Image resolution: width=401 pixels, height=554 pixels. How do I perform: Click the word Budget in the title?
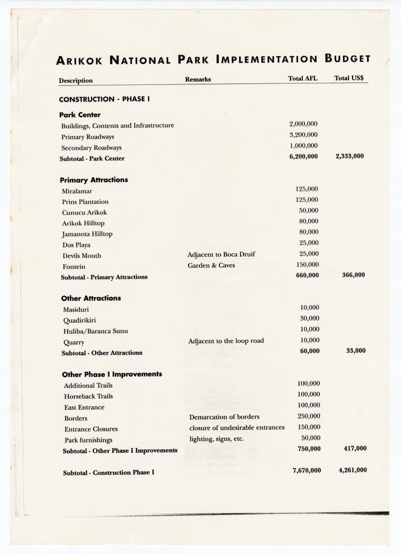(347, 59)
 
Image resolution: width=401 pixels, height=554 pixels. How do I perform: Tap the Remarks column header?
(198, 79)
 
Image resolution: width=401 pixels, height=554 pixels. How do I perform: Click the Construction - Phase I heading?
(104, 99)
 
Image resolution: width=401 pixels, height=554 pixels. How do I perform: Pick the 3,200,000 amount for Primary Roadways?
(303, 135)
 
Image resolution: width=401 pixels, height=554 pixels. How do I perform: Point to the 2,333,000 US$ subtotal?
(350, 156)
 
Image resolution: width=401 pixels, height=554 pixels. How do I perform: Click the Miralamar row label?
(77, 191)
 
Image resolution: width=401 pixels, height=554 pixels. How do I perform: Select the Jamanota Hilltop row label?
(87, 234)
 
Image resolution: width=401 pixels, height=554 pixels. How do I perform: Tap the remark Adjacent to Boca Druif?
(221, 255)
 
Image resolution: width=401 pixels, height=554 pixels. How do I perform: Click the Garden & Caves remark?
(211, 265)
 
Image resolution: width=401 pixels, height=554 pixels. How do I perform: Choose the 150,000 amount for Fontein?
(306, 265)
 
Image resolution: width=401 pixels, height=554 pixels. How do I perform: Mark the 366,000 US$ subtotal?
(353, 275)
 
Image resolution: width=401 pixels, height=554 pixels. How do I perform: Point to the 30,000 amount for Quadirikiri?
(310, 318)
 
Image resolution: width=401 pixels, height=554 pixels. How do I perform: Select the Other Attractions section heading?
(91, 298)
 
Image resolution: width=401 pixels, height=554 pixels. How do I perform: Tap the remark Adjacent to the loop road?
(226, 341)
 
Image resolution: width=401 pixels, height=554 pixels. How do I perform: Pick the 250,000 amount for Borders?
(308, 416)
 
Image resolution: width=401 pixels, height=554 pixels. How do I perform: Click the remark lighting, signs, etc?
(216, 439)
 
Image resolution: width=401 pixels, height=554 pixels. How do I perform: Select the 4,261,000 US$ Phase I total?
(352, 470)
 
